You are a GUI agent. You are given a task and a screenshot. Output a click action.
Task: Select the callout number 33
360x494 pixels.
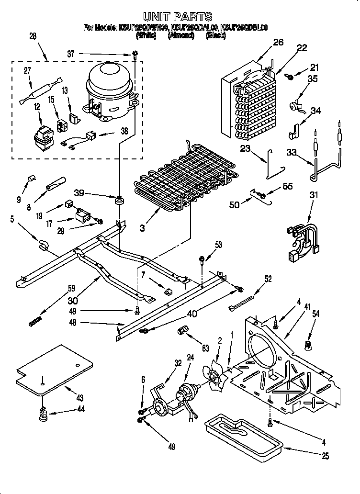292,154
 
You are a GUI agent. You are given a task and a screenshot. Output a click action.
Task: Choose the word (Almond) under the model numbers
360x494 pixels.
181,35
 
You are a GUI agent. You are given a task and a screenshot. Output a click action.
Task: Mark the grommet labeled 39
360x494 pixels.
118,198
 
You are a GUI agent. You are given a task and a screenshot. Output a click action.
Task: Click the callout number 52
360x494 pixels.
268,279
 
